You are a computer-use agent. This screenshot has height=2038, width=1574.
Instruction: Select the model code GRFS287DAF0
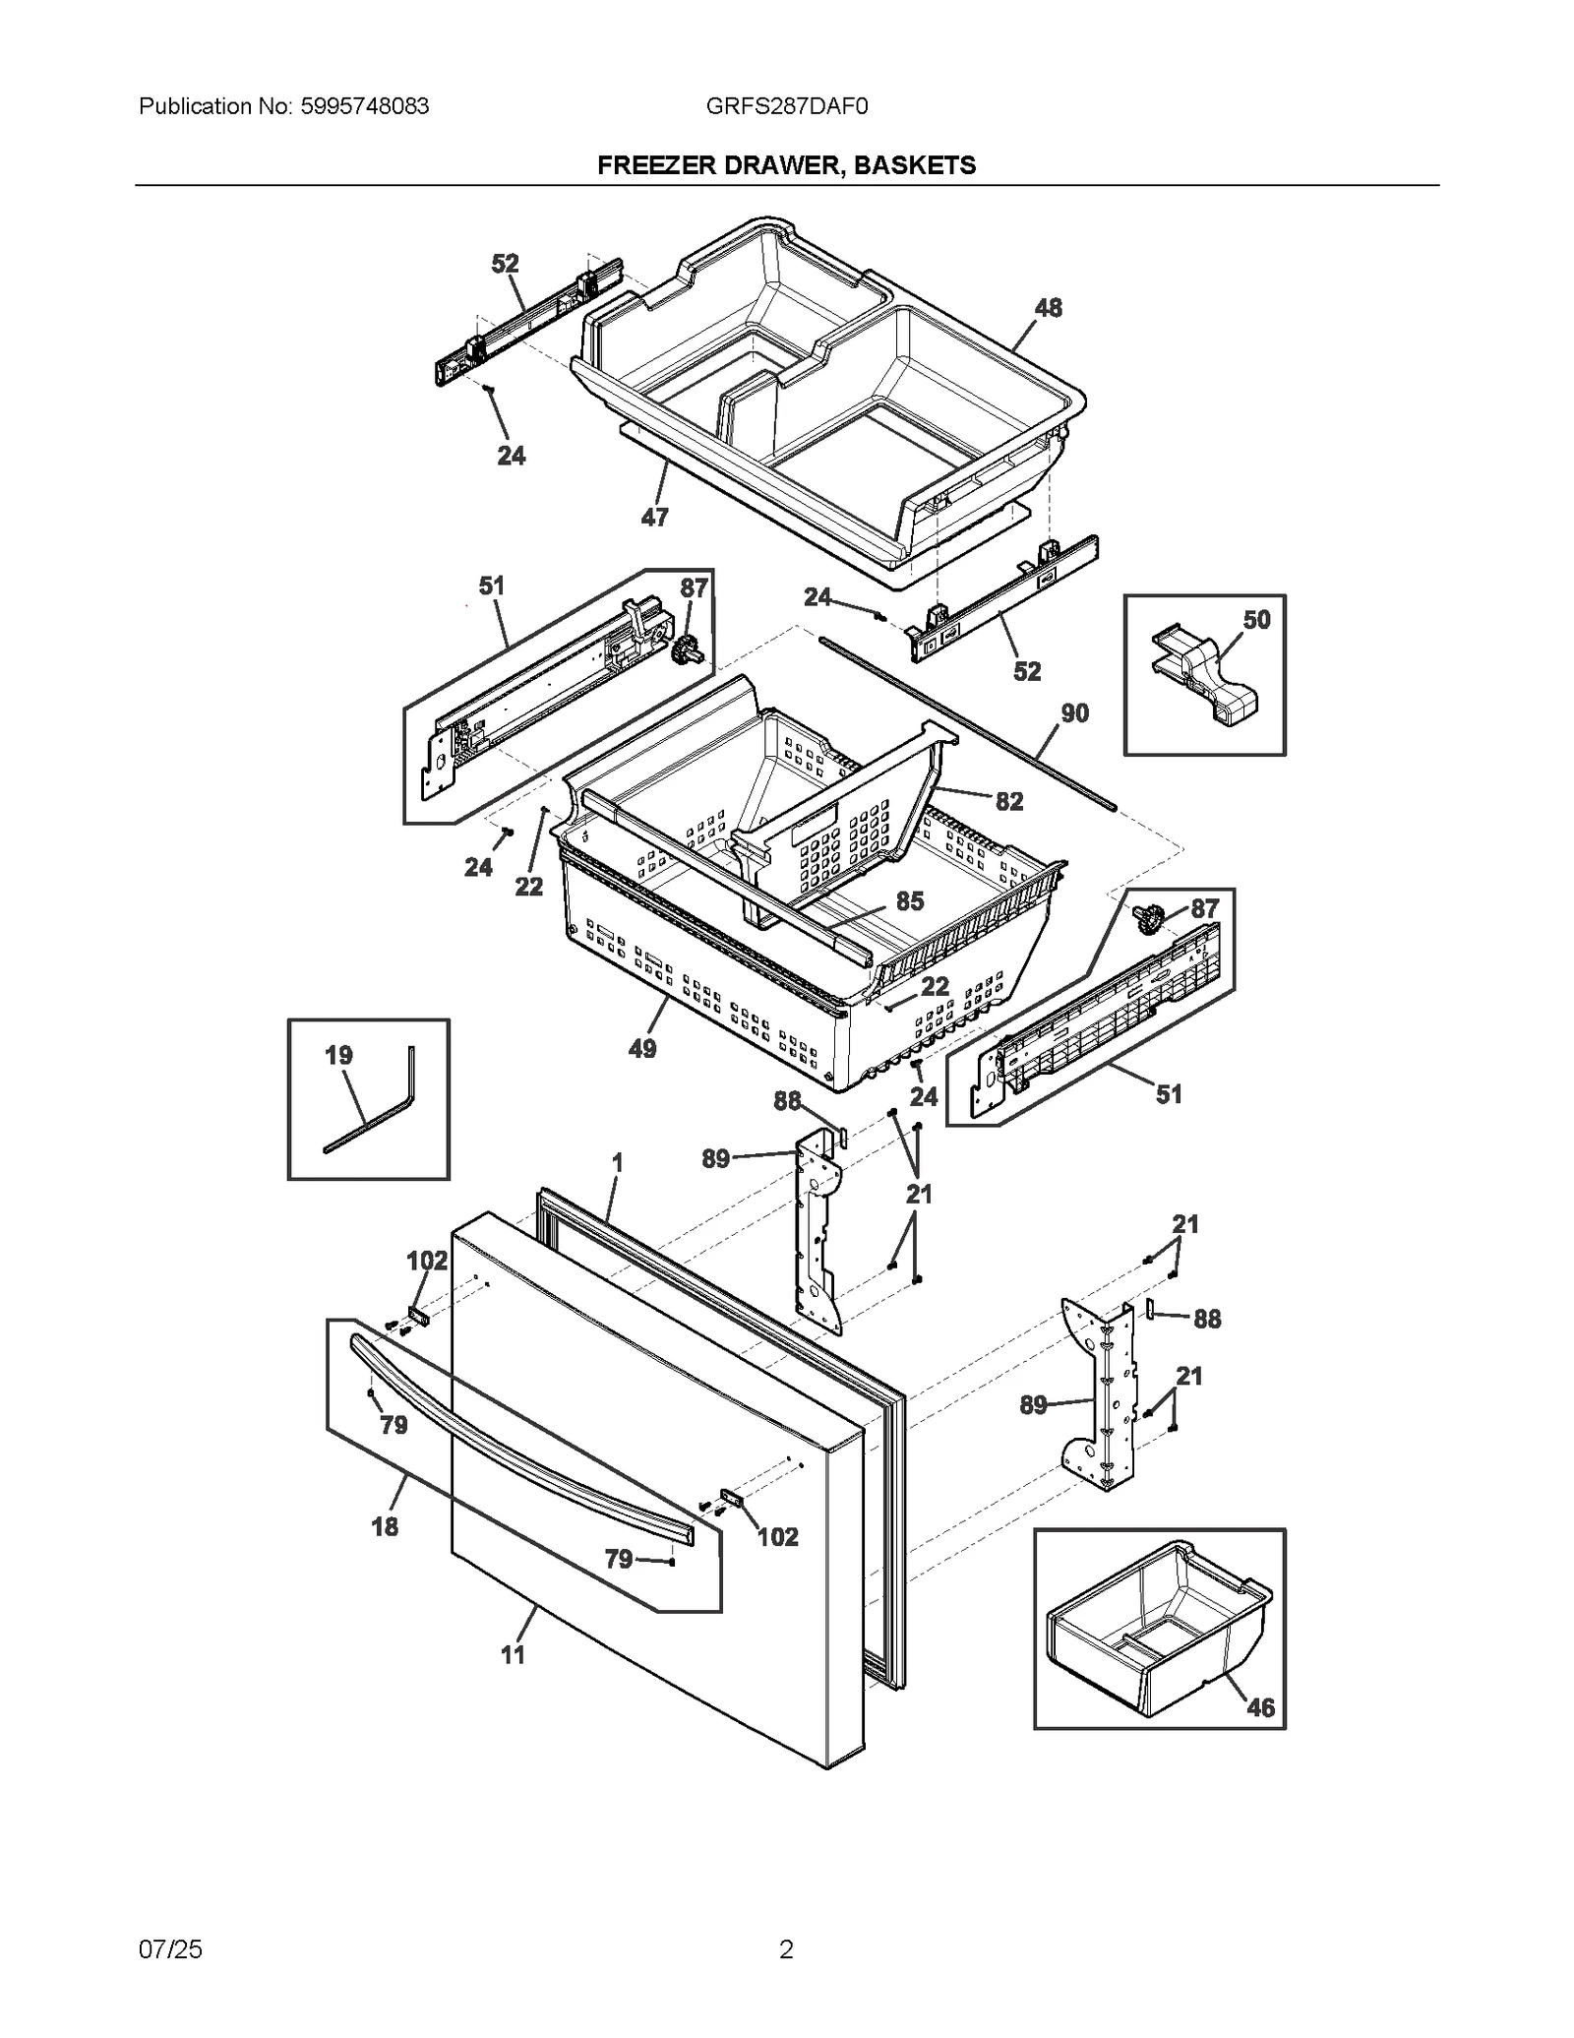click(x=786, y=106)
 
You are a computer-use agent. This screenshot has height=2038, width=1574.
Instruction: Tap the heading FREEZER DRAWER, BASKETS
click(x=786, y=165)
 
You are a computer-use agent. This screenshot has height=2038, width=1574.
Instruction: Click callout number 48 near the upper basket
click(x=1048, y=308)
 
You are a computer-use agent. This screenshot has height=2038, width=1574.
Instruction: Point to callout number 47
click(x=654, y=517)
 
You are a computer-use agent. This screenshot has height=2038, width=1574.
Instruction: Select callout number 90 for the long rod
click(x=1074, y=713)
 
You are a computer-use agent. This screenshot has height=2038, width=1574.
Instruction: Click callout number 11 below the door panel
click(x=513, y=1655)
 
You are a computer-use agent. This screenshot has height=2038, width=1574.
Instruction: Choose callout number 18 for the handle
click(x=385, y=1526)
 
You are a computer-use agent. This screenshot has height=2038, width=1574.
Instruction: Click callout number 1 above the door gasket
click(x=617, y=1163)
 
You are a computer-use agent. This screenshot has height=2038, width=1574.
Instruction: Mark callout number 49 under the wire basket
click(x=642, y=1049)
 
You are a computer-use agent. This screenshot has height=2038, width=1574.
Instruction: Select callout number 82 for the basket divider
click(x=1009, y=801)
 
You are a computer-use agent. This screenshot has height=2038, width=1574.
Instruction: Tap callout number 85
click(x=910, y=901)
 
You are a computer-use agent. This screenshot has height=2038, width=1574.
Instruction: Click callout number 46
click(x=1260, y=1707)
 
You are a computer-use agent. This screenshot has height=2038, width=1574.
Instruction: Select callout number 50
click(x=1256, y=620)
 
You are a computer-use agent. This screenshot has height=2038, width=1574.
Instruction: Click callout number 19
click(x=338, y=1056)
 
